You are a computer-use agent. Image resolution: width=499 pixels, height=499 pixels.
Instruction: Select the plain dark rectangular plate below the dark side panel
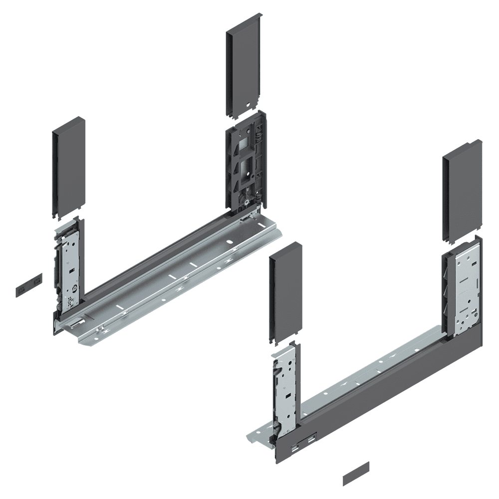[x=356, y=473]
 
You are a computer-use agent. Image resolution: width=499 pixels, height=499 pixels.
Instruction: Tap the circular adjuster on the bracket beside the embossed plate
[x=74, y=288]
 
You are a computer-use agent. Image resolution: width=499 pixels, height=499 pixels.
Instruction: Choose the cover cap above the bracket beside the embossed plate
[x=68, y=167]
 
